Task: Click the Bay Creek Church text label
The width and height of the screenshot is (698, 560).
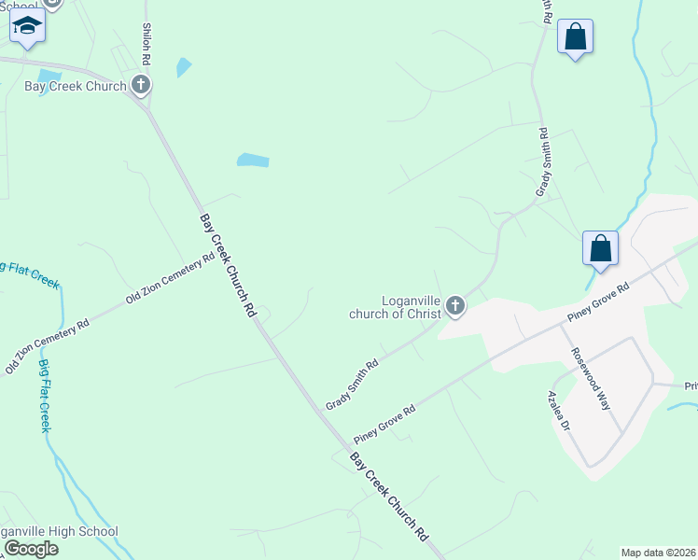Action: (x=75, y=87)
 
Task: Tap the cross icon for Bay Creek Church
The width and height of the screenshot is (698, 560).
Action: (x=141, y=87)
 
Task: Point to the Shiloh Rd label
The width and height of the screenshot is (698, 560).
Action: (x=147, y=44)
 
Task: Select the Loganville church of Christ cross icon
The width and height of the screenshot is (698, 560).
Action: (x=454, y=305)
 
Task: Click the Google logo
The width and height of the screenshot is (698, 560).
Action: (x=31, y=549)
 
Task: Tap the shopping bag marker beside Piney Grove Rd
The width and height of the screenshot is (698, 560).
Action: (x=600, y=249)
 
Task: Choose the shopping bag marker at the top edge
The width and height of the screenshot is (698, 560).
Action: (x=575, y=38)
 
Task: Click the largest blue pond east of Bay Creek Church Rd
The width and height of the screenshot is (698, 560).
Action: (x=253, y=161)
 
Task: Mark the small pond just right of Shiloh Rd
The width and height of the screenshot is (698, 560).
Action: (x=184, y=67)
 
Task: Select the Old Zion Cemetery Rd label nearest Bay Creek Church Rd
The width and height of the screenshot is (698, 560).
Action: (x=170, y=279)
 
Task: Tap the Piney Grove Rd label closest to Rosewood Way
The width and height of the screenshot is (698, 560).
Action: (x=598, y=304)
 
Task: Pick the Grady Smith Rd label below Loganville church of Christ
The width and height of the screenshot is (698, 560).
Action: (x=352, y=385)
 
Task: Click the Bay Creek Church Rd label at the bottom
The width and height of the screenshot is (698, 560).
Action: (x=388, y=497)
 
